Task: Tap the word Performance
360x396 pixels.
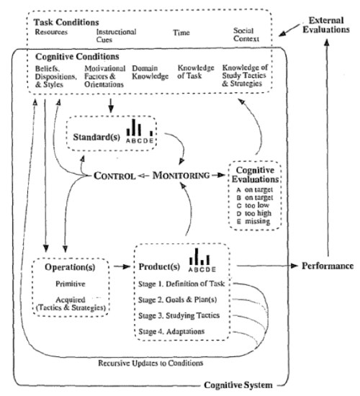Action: click(x=328, y=266)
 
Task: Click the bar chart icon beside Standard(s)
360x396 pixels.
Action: click(x=140, y=131)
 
